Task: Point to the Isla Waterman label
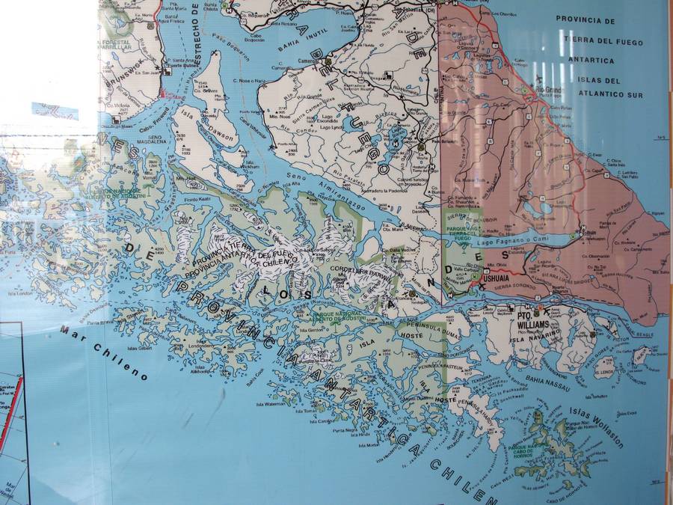(x=272, y=404)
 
